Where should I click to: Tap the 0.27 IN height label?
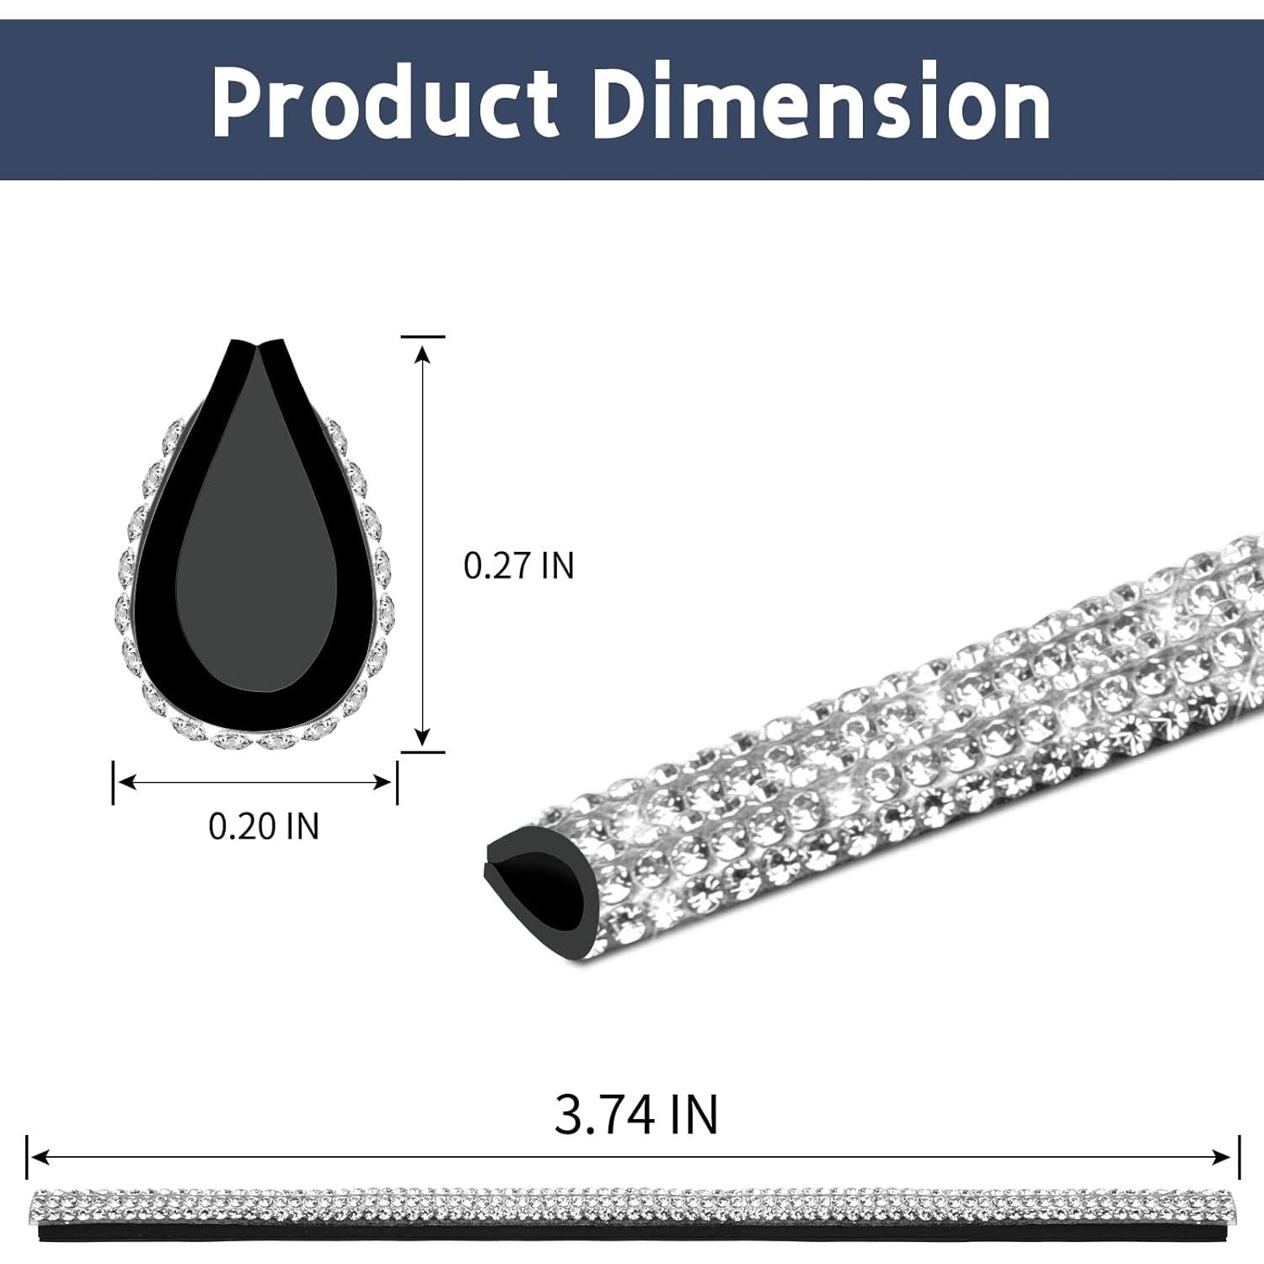coord(518,565)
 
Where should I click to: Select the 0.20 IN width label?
coord(264,826)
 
